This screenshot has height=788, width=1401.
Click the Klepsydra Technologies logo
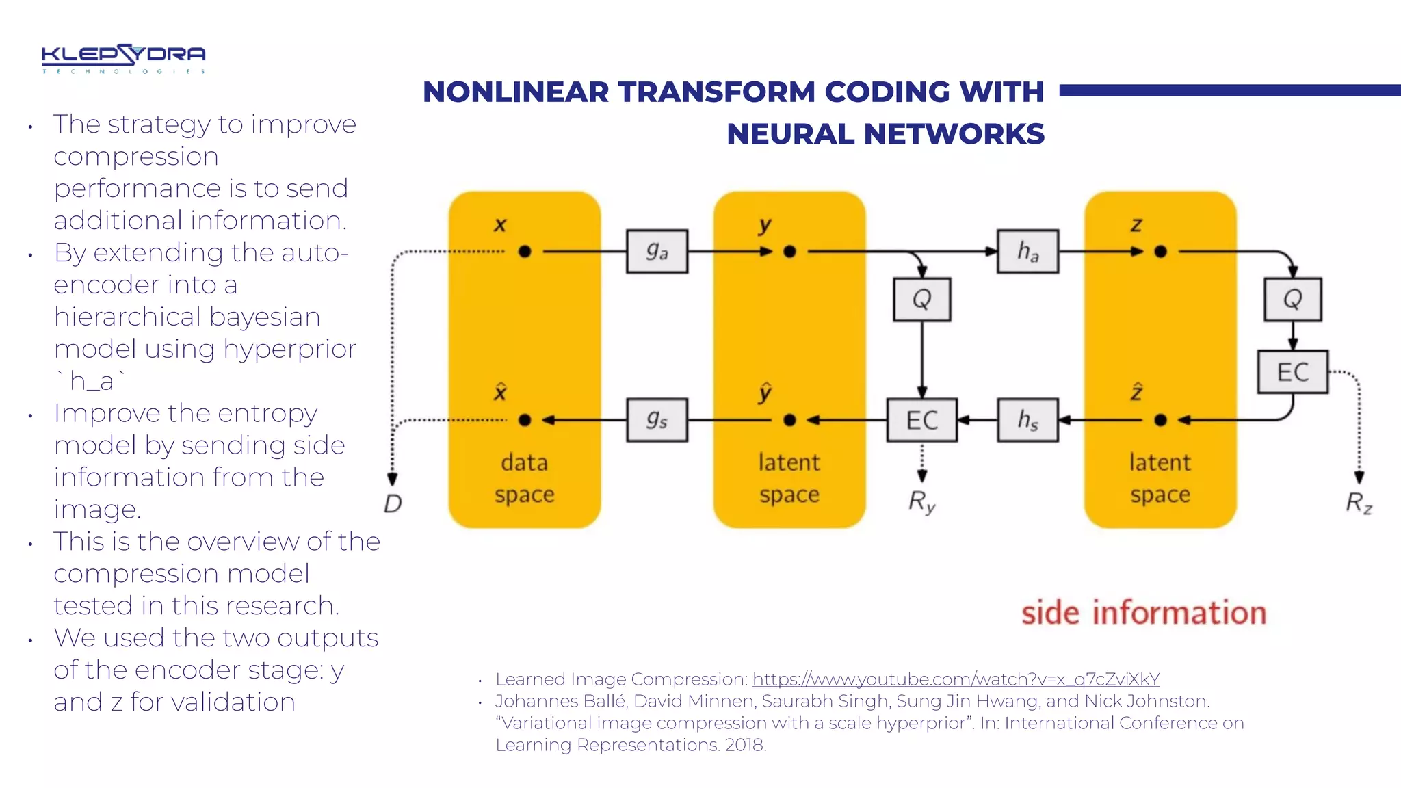123,58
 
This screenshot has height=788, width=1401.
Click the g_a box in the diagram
657,251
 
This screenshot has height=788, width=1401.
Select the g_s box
657,419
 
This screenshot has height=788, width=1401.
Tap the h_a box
1027,251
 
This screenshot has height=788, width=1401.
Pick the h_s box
1027,419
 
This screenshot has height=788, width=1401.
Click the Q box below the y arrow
921,299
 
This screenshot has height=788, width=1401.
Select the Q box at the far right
1292,299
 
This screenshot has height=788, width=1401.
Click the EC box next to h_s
921,419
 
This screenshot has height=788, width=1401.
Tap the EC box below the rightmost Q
1292,371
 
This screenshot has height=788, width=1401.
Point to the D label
393,503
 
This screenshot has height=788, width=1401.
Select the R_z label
1359,503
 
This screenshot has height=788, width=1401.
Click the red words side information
1143,612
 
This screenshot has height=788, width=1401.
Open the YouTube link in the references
956,679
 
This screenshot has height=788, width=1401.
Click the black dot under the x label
525,252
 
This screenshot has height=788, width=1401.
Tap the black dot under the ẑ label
1160,420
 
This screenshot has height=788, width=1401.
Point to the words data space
524,478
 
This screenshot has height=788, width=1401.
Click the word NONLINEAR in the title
515,92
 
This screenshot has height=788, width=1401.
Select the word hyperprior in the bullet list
289,349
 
